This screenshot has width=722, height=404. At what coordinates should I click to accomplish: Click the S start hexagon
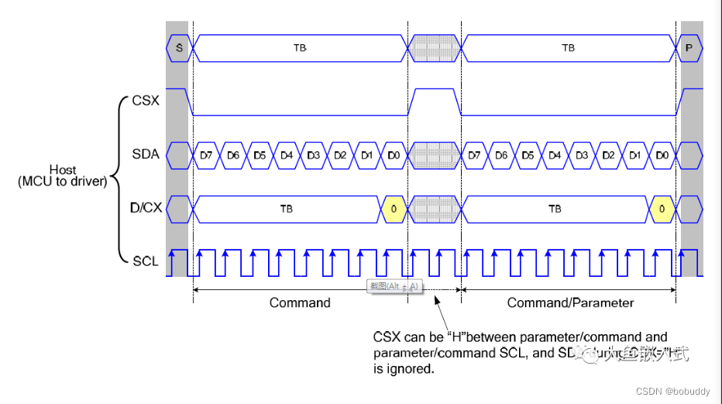179,48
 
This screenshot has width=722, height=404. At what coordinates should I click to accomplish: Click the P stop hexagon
689,48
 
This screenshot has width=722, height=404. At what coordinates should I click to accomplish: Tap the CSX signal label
146,101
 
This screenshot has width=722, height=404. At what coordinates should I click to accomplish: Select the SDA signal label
146,154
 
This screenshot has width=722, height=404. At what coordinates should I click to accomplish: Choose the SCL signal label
146,261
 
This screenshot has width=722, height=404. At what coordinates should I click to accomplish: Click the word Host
63,170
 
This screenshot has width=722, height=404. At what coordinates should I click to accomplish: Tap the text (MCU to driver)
63,181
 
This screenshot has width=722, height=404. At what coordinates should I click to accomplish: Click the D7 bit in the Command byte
206,155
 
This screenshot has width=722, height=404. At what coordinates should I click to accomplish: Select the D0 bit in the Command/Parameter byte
662,155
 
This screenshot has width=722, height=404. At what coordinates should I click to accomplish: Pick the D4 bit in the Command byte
287,155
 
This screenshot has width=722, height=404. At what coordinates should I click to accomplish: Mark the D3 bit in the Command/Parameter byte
582,155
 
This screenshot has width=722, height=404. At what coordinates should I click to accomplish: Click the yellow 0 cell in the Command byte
394,209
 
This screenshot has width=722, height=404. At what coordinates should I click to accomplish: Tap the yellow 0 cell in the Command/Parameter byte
662,209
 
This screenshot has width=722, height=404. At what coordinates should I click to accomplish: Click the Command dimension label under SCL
300,302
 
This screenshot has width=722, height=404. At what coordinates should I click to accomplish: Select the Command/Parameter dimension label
570,302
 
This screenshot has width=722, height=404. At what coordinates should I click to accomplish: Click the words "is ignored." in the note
404,369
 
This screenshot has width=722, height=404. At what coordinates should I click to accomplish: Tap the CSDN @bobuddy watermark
672,392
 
